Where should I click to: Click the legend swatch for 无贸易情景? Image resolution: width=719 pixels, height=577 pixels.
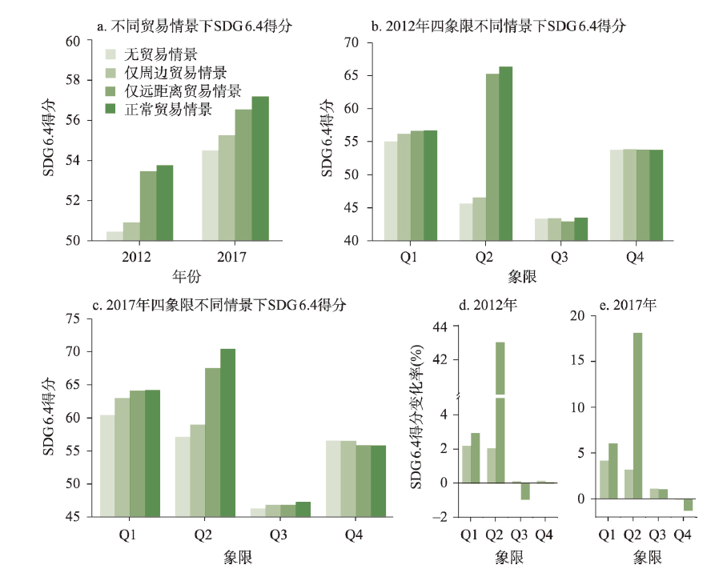pos(112,55)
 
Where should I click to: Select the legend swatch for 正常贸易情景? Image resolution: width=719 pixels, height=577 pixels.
pos(112,109)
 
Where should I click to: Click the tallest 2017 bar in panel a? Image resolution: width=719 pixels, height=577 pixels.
pos(260,168)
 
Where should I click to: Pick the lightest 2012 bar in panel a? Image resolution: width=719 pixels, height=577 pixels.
pos(114,235)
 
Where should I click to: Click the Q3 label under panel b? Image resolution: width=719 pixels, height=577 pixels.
pos(558,258)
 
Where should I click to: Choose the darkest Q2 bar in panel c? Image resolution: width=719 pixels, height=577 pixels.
pos(227,433)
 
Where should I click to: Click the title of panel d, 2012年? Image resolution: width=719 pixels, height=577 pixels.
pos(477,306)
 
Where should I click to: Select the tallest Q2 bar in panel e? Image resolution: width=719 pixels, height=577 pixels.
pos(638,415)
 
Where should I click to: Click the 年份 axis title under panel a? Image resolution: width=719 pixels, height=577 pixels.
pos(187,278)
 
